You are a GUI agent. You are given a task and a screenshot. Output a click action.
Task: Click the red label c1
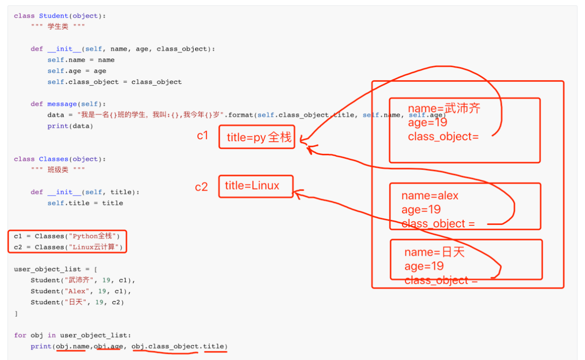click(202, 135)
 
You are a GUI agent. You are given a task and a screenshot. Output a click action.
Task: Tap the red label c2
click(201, 187)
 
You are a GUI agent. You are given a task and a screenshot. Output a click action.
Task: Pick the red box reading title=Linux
click(255, 186)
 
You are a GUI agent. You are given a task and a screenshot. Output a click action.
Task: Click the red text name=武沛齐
click(444, 108)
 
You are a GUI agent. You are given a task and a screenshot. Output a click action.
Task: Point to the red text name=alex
click(430, 196)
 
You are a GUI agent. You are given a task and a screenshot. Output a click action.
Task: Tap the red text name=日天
click(434, 252)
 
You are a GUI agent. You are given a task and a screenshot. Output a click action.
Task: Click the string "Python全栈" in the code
click(93, 236)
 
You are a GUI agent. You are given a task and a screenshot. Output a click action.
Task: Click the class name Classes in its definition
click(54, 159)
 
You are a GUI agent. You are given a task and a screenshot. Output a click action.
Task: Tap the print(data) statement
click(70, 126)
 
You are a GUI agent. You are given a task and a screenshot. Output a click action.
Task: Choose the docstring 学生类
click(58, 27)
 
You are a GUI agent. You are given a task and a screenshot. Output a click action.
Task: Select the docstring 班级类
click(58, 170)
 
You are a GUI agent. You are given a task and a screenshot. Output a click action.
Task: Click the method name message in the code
click(62, 104)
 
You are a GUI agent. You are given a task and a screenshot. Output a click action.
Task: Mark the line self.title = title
click(85, 203)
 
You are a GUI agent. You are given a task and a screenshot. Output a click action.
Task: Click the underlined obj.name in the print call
click(71, 346)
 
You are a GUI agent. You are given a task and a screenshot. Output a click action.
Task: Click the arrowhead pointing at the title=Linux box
click(297, 193)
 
